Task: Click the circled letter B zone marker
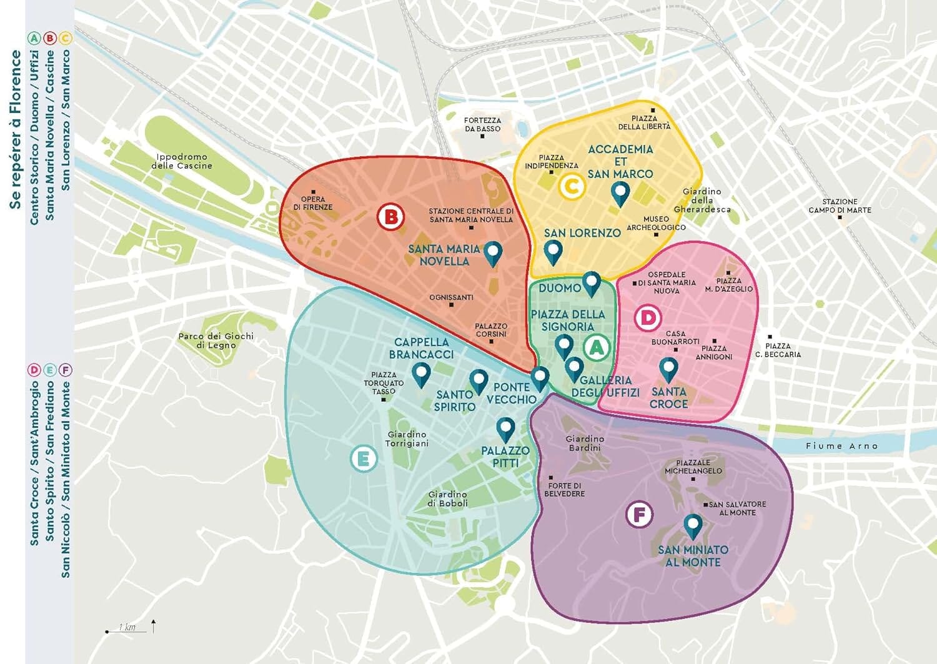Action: (x=390, y=217)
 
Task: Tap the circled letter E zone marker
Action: (x=364, y=459)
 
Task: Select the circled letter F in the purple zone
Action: (x=639, y=515)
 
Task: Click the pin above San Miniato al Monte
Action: (x=692, y=526)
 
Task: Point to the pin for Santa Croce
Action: (x=668, y=369)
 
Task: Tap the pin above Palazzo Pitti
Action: (x=505, y=429)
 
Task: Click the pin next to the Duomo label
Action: (x=591, y=283)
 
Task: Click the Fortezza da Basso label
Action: (x=482, y=124)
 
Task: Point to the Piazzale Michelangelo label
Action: (x=693, y=467)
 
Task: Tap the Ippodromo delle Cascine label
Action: (x=182, y=161)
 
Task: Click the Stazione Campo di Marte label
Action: (x=840, y=206)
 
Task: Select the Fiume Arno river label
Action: (x=841, y=446)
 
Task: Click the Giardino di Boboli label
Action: (x=447, y=498)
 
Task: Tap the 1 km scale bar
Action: (x=127, y=628)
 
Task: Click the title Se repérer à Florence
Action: (x=16, y=129)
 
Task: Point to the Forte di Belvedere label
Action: (x=565, y=489)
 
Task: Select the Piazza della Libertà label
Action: (x=644, y=122)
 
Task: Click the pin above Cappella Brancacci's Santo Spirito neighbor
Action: (x=478, y=380)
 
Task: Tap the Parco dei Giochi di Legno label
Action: (x=216, y=340)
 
